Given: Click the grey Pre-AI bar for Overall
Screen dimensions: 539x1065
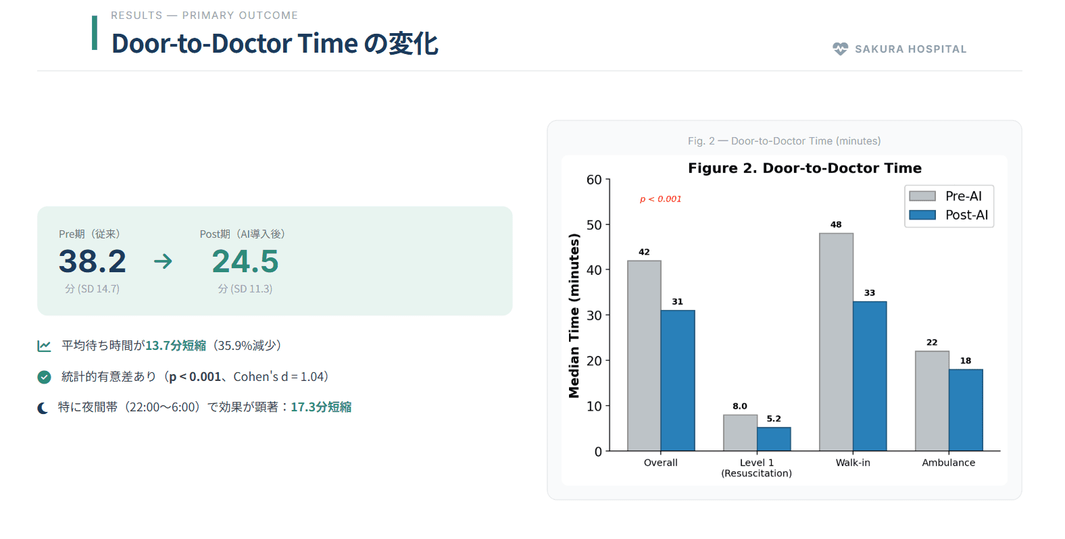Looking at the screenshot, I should point(644,355).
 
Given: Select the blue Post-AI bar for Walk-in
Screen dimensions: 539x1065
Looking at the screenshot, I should point(870,376).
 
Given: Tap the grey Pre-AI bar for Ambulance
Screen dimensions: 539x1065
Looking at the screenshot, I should point(932,401).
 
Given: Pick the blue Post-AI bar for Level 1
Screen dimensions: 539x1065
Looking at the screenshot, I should point(774,439).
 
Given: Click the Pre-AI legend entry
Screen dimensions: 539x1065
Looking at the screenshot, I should point(949,196).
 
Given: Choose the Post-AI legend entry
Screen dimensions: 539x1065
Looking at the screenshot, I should point(949,215).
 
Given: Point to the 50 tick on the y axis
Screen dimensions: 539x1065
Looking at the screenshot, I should point(594,225).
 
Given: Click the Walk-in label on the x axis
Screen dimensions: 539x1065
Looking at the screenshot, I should point(853,463).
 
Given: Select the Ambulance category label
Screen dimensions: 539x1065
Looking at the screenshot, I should point(948,463).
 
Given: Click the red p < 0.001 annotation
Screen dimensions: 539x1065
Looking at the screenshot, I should point(660,199).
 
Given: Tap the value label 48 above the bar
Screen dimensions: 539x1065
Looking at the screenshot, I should point(836,225).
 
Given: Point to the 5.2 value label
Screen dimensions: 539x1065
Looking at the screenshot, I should point(774,419).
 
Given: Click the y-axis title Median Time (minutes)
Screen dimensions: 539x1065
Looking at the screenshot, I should point(574,315).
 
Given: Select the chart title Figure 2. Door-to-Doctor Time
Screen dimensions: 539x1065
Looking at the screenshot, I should point(804,168).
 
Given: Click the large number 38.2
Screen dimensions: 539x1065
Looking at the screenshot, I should point(93,261).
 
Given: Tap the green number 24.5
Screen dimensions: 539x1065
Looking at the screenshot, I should point(245,261).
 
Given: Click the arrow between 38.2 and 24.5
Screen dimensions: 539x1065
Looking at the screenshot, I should point(163,261).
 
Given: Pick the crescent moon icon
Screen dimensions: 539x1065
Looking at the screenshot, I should point(43,407).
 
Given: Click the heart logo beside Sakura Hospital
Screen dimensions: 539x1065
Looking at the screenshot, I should point(840,49).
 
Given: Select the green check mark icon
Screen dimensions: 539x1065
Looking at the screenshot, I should point(44,377).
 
